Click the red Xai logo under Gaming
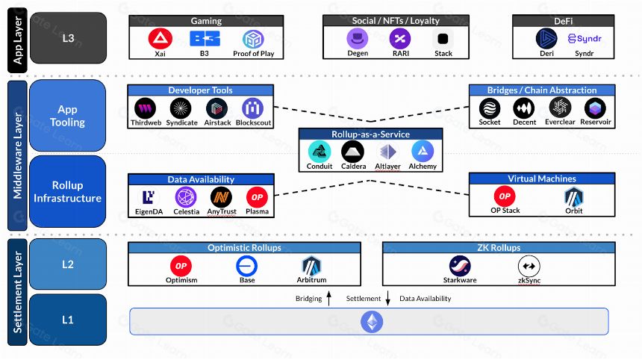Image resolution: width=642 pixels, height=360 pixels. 160,39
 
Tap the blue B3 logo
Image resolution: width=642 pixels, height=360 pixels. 205,39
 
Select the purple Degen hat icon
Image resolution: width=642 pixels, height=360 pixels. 358,39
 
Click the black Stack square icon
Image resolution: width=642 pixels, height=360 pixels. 443,39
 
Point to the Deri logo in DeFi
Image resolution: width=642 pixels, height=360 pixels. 546,39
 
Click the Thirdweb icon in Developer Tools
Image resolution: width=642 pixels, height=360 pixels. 146,108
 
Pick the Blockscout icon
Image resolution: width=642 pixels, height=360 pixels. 252,108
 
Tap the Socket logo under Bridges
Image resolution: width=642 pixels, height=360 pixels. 490,108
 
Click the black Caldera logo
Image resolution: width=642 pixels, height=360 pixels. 352,152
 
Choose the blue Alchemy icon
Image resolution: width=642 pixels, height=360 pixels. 423,152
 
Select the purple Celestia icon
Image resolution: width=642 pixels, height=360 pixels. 186,197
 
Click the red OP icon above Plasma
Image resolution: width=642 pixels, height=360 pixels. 257,197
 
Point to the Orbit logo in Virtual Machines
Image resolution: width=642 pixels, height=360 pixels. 574,197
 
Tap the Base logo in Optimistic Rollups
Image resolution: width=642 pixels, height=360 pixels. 247,266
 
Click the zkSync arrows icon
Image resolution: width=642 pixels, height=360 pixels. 529,266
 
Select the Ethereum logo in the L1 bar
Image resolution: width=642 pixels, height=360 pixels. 372,321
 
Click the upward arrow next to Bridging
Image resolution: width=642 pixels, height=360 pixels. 328,298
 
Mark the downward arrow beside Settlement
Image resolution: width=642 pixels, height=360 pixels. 387,298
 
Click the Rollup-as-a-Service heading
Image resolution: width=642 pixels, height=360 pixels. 370,134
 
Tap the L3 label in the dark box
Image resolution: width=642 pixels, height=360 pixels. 68,38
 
